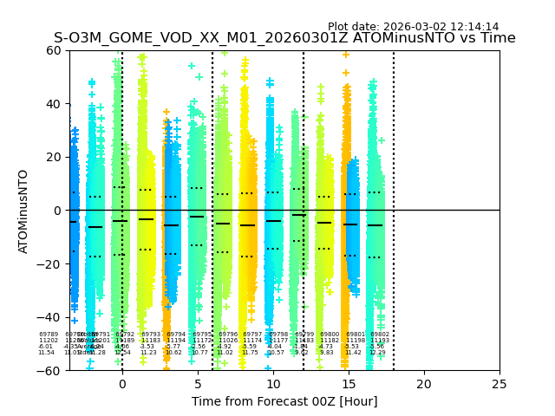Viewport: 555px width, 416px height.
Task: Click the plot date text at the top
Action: (413, 27)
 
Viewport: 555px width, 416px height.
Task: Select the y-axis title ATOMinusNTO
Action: (23, 211)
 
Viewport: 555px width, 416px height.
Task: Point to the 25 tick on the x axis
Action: (499, 383)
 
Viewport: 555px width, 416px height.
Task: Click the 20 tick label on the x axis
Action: (424, 383)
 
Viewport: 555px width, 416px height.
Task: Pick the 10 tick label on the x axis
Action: (273, 383)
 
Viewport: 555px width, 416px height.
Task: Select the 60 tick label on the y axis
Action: (52, 50)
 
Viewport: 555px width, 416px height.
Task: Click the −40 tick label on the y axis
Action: (49, 317)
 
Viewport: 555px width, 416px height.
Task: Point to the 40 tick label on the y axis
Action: (52, 104)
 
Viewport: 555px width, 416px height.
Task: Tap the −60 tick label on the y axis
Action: (49, 370)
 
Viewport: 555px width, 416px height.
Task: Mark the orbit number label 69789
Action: (49, 335)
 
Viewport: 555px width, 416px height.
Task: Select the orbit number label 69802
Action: (380, 335)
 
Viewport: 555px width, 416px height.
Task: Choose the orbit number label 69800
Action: (330, 335)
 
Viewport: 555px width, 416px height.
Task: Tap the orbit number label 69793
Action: (151, 335)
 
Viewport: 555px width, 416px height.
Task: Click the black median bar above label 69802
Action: (375, 225)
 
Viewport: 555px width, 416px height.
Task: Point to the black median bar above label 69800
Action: (324, 223)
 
